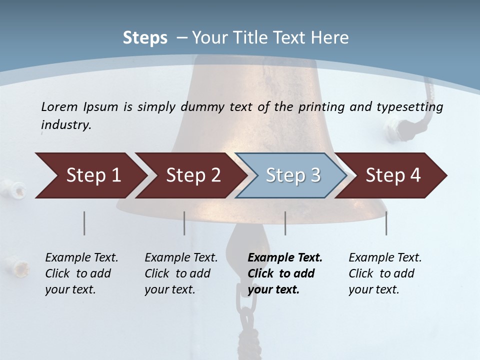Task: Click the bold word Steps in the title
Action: point(145,37)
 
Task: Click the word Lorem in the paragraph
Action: point(59,106)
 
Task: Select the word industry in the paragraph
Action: point(65,125)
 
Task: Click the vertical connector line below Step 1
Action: point(84,223)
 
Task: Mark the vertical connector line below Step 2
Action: point(184,223)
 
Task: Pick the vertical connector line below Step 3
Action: point(285,223)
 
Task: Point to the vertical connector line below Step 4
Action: point(386,223)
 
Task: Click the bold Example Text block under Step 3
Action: point(284,273)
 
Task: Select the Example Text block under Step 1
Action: point(81,273)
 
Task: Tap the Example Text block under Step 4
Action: point(385,273)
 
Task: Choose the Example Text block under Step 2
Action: point(181,273)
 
